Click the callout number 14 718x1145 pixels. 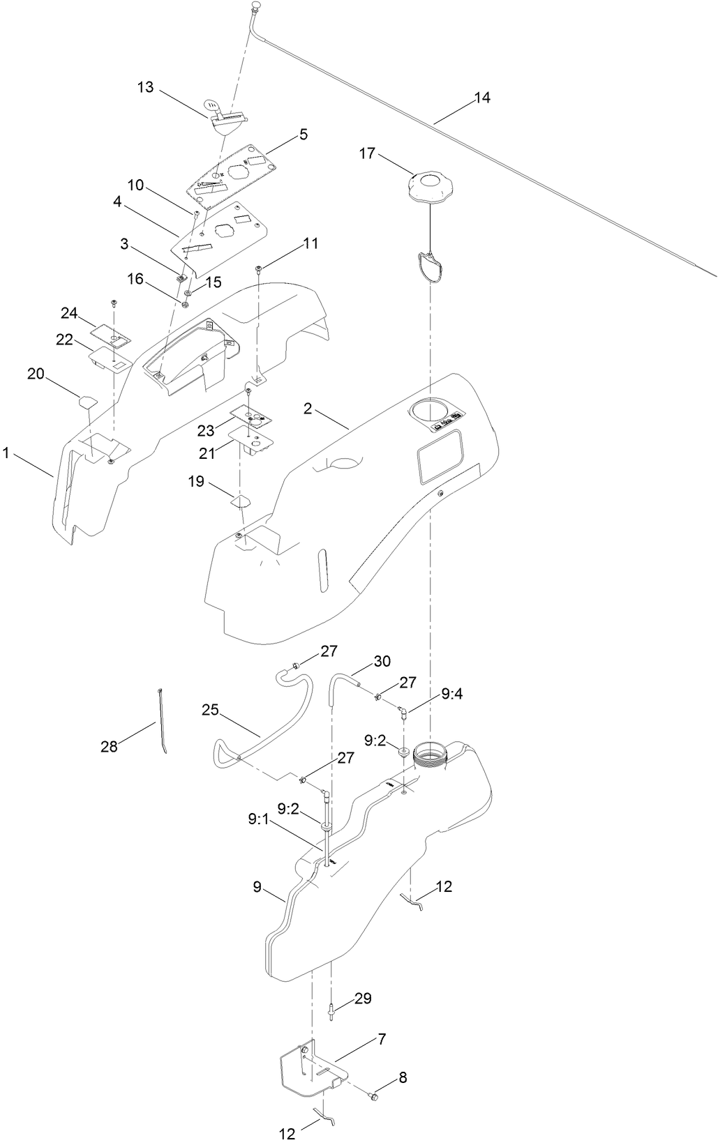(482, 98)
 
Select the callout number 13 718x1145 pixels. (145, 88)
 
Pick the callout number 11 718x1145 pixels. (311, 243)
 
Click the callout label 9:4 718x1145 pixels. (451, 694)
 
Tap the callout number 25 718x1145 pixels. (211, 710)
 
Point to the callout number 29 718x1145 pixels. (363, 999)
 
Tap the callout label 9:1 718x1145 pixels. (257, 821)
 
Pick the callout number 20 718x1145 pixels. (36, 374)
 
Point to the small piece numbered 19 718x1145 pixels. (241, 499)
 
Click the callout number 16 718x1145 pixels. (135, 279)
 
